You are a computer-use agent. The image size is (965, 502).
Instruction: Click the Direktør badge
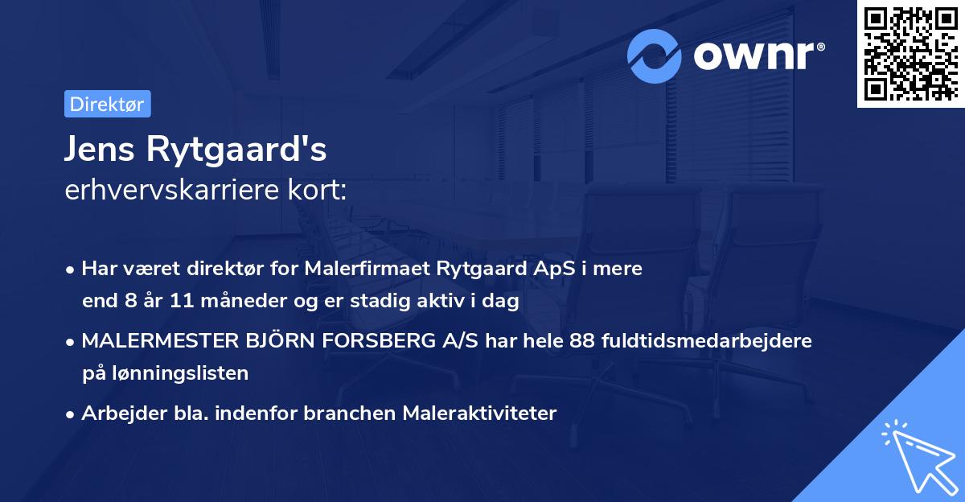107,104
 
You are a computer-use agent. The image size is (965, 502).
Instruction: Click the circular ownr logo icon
655,56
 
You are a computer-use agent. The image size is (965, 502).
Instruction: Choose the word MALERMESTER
157,340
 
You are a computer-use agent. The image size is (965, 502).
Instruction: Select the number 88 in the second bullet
582,340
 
